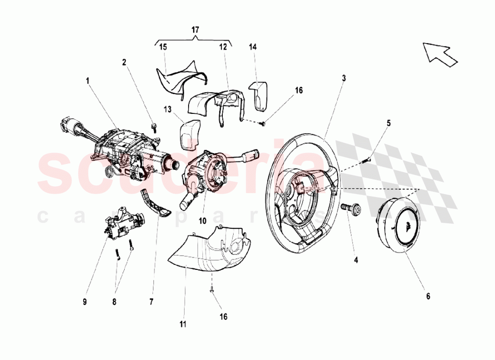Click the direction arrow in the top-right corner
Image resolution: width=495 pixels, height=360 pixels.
pos(439,53)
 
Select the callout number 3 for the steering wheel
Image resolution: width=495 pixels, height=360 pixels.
pos(344,78)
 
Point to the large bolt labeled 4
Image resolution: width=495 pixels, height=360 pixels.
pos(351,210)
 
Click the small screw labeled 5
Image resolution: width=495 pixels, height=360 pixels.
pos(368,159)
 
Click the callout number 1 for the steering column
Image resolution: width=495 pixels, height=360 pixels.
pos(87,80)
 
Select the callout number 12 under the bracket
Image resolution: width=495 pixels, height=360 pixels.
pos(223,47)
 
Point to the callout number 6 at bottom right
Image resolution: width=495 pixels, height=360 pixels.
pos(428,296)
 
